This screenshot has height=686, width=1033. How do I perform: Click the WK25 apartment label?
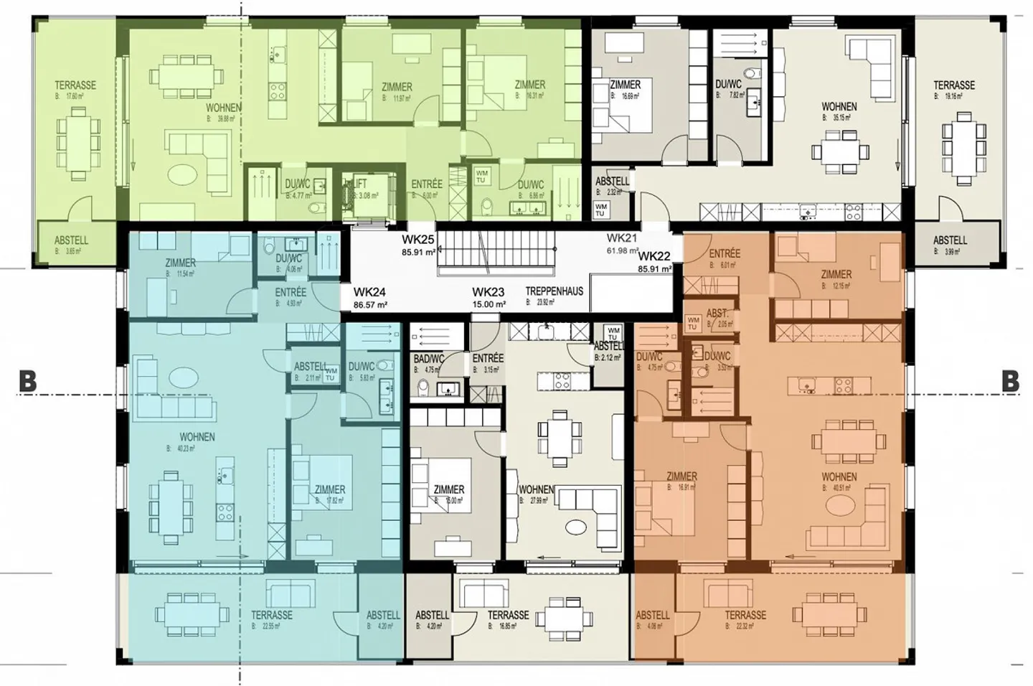click(x=419, y=239)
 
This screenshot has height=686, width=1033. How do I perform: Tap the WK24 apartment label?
click(x=369, y=292)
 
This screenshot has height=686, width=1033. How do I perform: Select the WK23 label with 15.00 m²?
click(x=488, y=292)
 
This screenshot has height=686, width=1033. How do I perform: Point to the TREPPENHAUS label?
click(x=554, y=291)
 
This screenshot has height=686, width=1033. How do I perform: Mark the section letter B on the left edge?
click(x=27, y=382)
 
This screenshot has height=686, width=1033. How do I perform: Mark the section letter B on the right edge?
click(x=1010, y=382)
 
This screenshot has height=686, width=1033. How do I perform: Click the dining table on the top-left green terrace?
click(x=76, y=141)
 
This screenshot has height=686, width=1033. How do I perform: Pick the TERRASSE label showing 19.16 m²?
click(x=953, y=85)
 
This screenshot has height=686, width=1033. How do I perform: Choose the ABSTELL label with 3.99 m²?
click(x=950, y=240)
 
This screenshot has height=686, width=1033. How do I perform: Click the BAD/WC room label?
click(x=429, y=359)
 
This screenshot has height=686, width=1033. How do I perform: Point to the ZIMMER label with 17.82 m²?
click(x=329, y=489)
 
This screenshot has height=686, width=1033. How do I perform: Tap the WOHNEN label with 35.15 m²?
click(x=839, y=107)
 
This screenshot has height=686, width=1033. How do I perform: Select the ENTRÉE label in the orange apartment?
click(x=724, y=254)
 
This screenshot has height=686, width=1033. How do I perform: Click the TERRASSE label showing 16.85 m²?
click(x=508, y=615)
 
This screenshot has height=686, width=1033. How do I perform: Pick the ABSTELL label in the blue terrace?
click(x=383, y=615)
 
